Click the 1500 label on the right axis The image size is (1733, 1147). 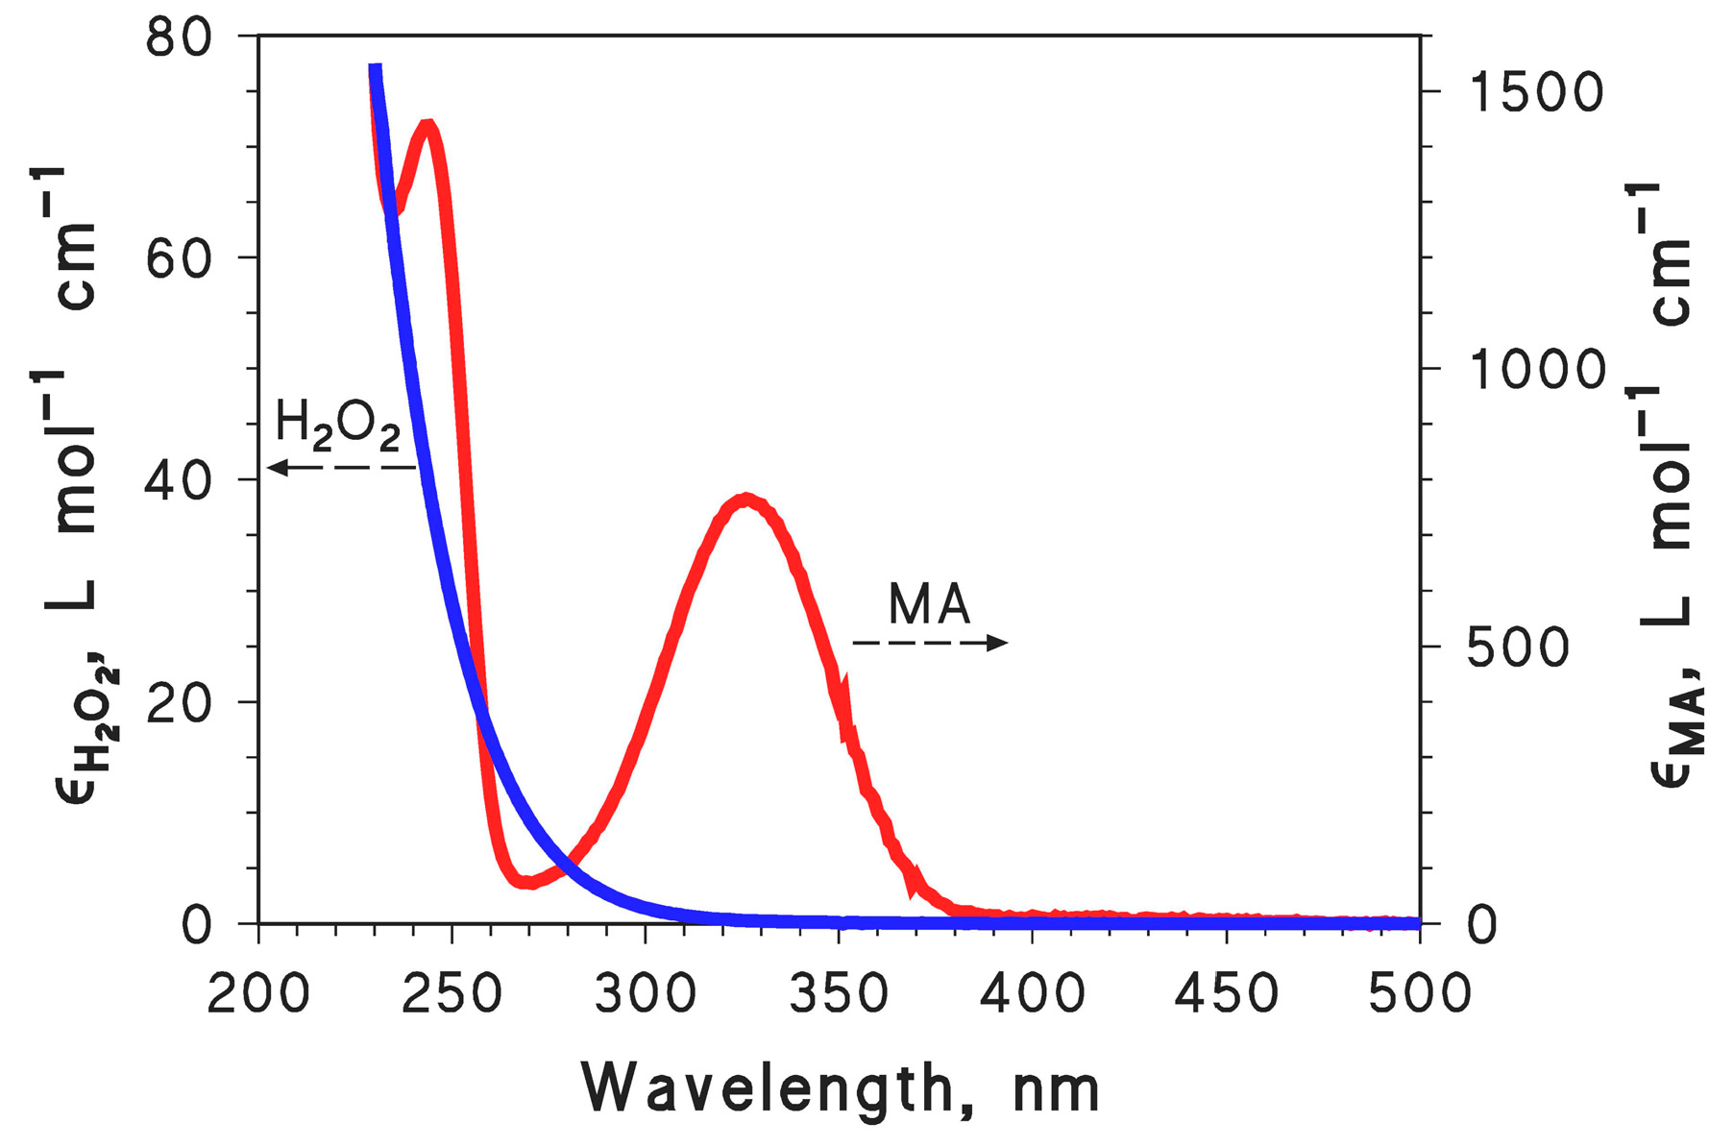click(1535, 93)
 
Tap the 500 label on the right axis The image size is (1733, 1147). click(1518, 647)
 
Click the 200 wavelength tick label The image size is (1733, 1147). click(258, 993)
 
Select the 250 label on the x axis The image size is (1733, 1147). click(452, 993)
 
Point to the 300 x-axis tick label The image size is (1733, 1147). click(645, 993)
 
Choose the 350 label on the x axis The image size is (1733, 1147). click(839, 993)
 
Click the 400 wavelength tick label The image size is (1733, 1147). click(1032, 993)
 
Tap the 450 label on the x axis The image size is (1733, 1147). click(1226, 993)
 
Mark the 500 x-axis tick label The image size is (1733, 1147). click(1419, 993)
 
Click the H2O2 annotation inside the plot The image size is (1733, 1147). click(337, 425)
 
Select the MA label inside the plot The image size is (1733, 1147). click(929, 605)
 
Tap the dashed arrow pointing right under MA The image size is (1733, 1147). click(930, 643)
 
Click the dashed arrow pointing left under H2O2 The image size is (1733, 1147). click(341, 468)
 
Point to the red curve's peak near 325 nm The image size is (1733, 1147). click(746, 500)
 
